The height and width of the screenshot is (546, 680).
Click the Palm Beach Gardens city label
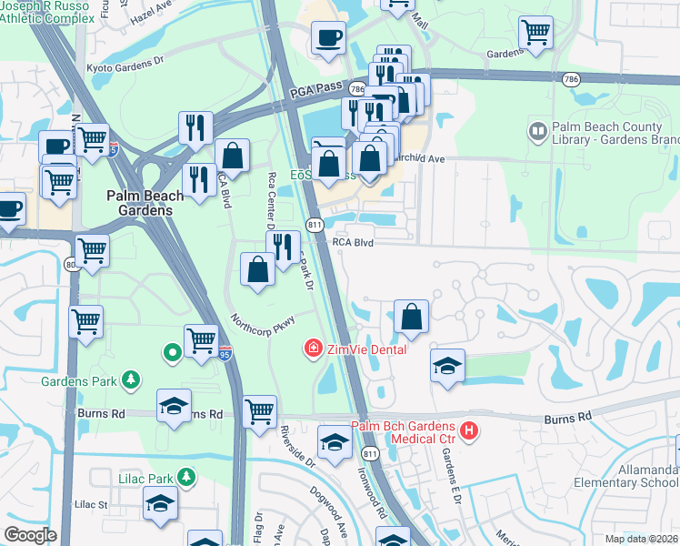tap(139, 202)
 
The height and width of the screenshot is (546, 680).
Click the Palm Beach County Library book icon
tap(537, 133)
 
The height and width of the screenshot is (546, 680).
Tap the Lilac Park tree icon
tap(186, 476)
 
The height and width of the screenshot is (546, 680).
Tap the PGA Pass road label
tap(314, 89)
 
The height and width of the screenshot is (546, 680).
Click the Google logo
tap(30, 535)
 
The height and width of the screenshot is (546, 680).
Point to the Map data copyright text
tap(642, 539)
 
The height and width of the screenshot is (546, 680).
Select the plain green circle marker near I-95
tap(170, 351)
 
